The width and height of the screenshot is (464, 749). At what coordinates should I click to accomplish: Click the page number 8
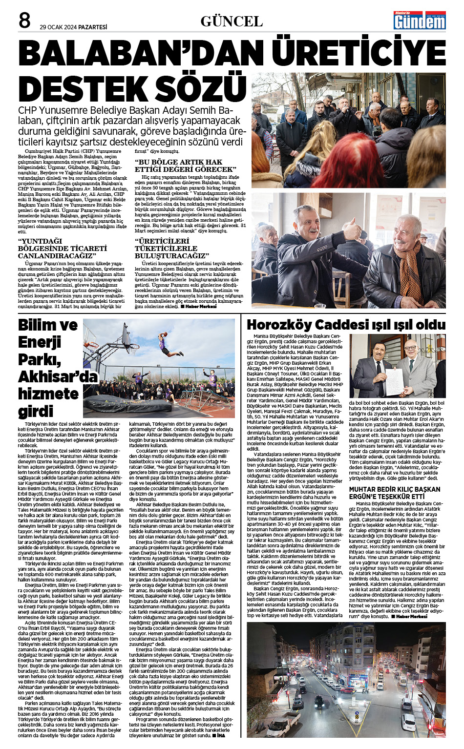24,21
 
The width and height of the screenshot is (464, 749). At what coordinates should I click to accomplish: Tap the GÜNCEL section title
232,21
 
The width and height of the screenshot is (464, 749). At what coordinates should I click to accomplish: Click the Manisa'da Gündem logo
420,21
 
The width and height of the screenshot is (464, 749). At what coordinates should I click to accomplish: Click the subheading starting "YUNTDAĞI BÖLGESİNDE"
63,249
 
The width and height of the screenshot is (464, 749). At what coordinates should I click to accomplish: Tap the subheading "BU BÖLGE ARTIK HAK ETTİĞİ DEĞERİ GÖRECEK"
186,166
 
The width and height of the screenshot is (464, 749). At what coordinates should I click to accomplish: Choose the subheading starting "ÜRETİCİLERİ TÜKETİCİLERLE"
172,249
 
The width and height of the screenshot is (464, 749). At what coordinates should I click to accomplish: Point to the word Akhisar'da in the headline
58,376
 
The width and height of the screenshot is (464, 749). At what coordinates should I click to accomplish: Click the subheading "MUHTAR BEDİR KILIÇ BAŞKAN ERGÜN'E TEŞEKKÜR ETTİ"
395,493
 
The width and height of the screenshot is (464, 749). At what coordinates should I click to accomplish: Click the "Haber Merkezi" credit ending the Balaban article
200,306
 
